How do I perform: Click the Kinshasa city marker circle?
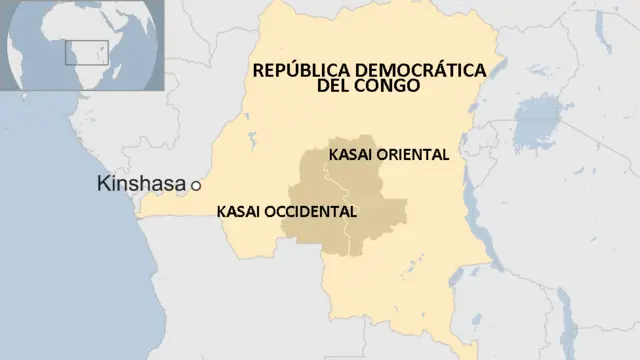coord(196,185)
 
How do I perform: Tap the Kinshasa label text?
coord(141,184)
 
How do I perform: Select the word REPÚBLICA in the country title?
coord(296,71)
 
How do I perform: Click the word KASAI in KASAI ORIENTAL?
coord(348,155)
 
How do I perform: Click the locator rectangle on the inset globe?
coord(79,52)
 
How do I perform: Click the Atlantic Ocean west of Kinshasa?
coord(60,250)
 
